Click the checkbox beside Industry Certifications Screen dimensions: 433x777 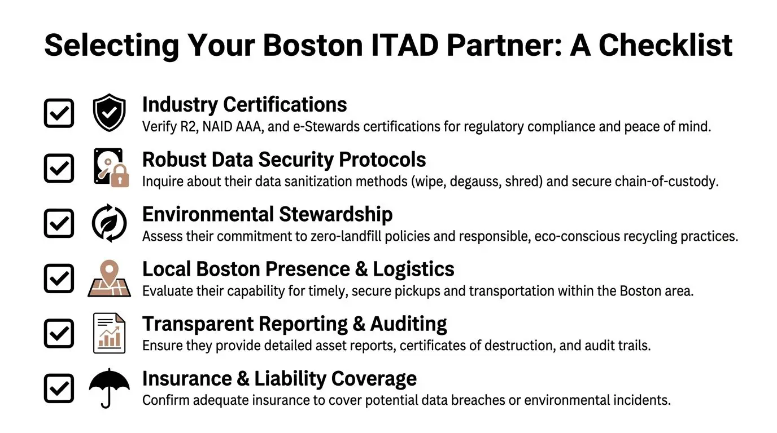coord(59,113)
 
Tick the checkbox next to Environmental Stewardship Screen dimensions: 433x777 coord(59,223)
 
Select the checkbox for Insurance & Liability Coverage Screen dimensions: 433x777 coord(59,388)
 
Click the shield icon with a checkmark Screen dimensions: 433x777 coord(110,112)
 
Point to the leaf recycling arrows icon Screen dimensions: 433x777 coord(110,223)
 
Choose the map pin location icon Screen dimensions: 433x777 coord(110,278)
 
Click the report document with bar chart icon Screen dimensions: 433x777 coord(110,333)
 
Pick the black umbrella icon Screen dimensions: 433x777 coord(110,387)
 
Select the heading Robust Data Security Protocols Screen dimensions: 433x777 coord(284,160)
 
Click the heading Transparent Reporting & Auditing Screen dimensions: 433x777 coord(294,324)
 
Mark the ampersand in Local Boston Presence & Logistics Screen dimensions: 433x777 coord(361,269)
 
